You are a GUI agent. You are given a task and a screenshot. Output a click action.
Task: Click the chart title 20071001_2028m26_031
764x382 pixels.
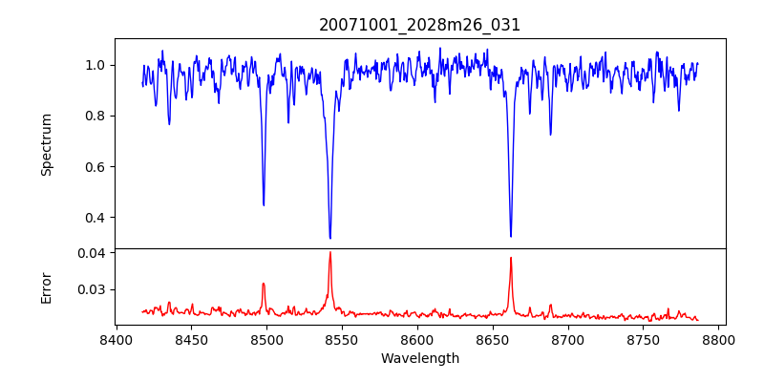[420, 25]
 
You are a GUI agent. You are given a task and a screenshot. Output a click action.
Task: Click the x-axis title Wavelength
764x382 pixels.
[420, 358]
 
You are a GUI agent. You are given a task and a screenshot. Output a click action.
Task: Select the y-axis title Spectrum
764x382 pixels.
[47, 144]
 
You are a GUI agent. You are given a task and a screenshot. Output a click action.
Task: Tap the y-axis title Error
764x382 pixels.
[47, 286]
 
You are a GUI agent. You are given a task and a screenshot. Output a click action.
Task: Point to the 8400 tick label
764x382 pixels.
[116, 339]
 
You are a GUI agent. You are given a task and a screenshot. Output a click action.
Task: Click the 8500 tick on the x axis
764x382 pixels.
[266, 339]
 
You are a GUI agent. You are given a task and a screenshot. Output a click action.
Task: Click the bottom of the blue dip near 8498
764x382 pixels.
[264, 205]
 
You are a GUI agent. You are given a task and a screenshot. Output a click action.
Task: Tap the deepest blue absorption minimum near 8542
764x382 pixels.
[330, 238]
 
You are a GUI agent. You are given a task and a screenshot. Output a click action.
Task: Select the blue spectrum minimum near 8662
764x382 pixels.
[511, 236]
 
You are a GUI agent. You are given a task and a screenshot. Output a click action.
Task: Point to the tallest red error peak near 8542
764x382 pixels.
[330, 252]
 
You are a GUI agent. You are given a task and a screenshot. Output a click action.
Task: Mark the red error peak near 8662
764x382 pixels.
[511, 258]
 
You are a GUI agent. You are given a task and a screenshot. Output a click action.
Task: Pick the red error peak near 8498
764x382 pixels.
[264, 284]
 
